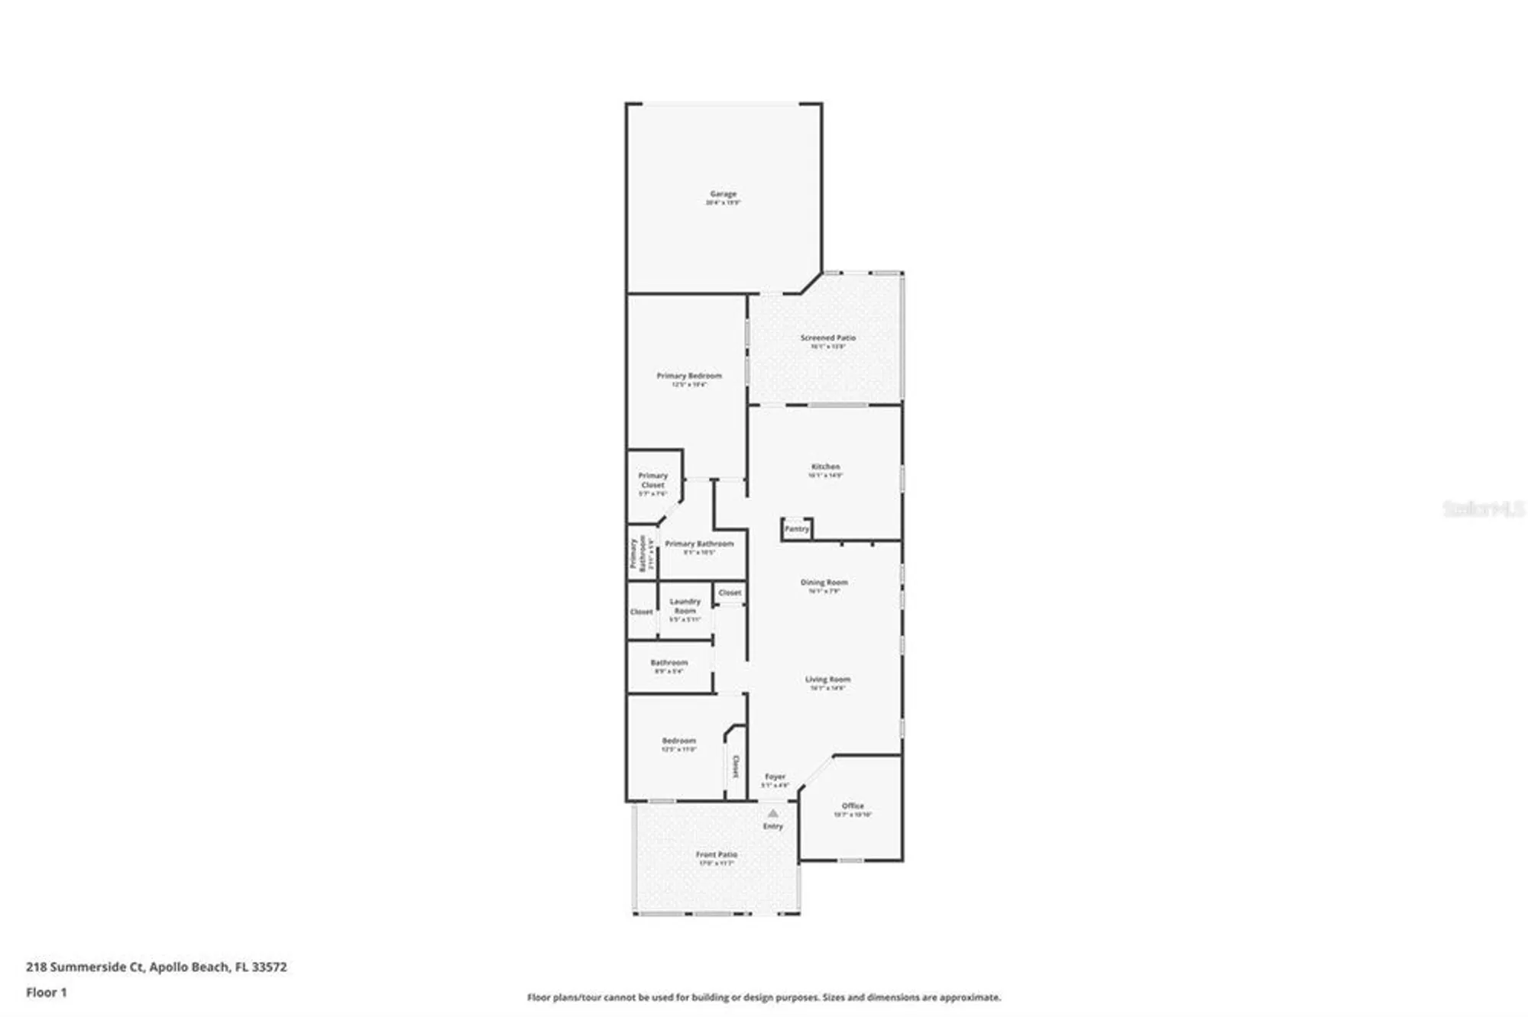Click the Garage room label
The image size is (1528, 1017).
pyautogui.click(x=723, y=195)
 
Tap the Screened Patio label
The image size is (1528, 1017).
pyautogui.click(x=827, y=337)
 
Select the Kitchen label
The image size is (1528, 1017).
pyautogui.click(x=825, y=467)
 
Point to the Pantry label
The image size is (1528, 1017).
pyautogui.click(x=796, y=528)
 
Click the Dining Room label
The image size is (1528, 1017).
pyautogui.click(x=824, y=583)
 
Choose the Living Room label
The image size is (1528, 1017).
pyautogui.click(x=827, y=680)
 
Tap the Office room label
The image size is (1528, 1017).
pyautogui.click(x=853, y=806)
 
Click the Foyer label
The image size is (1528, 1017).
pyautogui.click(x=775, y=776)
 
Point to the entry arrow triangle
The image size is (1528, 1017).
pyautogui.click(x=772, y=813)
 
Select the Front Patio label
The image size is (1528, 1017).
pyautogui.click(x=716, y=854)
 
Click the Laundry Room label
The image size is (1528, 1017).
pyautogui.click(x=685, y=606)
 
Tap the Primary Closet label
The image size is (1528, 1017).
pyautogui.click(x=652, y=480)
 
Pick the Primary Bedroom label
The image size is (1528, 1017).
pyautogui.click(x=688, y=376)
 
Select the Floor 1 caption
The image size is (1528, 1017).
pyautogui.click(x=46, y=993)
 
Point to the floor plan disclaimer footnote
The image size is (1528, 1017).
pyautogui.click(x=763, y=997)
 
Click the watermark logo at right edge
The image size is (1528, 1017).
pyautogui.click(x=1482, y=508)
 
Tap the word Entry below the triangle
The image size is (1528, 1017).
pyautogui.click(x=772, y=826)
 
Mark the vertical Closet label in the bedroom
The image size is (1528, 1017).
pyautogui.click(x=736, y=766)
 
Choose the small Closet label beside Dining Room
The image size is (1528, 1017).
pyautogui.click(x=730, y=592)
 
